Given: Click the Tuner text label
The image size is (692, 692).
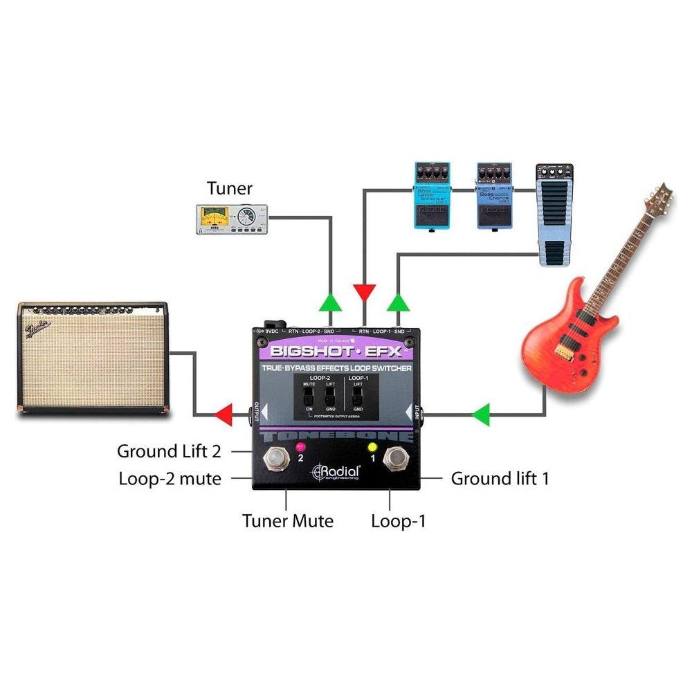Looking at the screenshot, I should (230, 188).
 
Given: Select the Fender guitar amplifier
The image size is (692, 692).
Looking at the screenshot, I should (93, 358).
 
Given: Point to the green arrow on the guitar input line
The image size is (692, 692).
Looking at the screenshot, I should (480, 415).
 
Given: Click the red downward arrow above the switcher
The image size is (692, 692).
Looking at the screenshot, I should (363, 292).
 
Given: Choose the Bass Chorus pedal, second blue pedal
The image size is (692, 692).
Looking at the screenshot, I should (493, 196).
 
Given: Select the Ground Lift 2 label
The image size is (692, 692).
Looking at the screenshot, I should (169, 452).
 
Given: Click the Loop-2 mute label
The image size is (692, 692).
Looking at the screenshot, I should (170, 478).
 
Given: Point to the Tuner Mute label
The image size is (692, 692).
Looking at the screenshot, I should (288, 520).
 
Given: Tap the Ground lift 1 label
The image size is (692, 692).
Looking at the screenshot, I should (500, 478).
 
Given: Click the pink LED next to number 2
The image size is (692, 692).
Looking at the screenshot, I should (300, 446).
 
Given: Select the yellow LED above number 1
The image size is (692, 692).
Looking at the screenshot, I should (372, 446).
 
